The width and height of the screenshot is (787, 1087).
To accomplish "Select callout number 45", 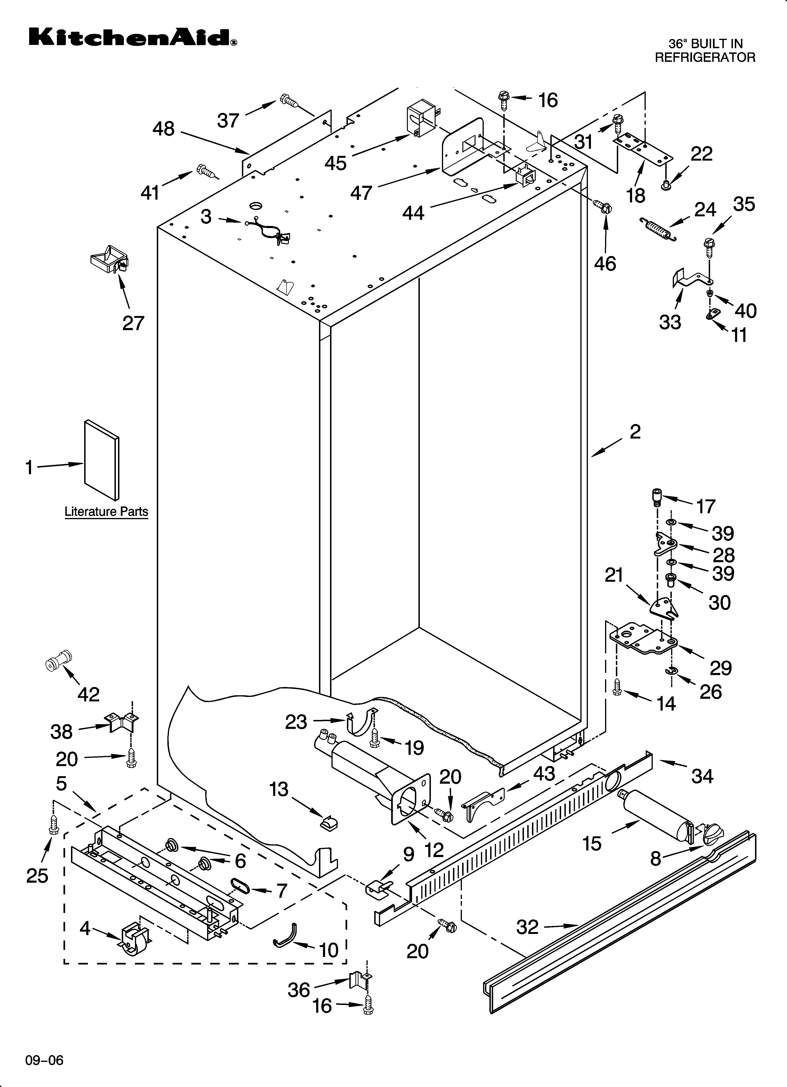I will pyautogui.click(x=335, y=163).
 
